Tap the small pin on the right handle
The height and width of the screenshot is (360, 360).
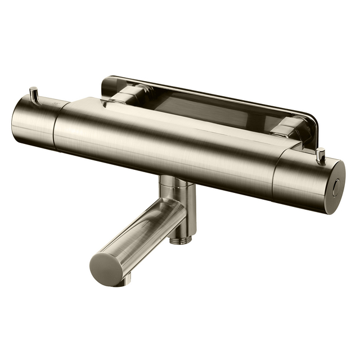[x=322, y=154]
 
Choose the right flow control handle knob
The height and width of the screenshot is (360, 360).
[x=307, y=179]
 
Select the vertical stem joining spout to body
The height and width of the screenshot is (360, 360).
[x=186, y=208]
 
